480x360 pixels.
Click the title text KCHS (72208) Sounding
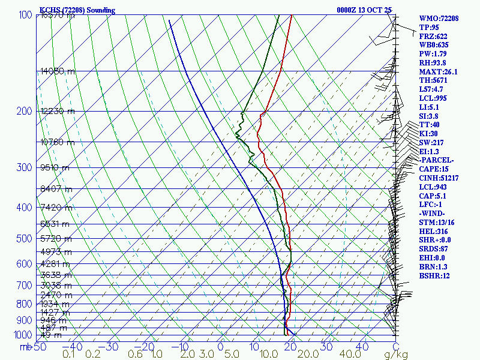tap(77, 10)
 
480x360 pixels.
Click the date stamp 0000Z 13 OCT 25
tap(365, 10)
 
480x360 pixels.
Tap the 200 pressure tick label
tap(25, 112)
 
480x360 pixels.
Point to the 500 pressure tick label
tap(25, 239)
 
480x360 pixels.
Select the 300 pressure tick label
tap(25, 167)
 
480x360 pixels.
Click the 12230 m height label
tap(58, 111)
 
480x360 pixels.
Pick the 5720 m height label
tap(56, 238)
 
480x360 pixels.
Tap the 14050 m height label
tap(58, 71)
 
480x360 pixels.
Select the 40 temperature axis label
tap(362, 347)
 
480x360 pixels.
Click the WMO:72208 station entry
tap(439, 19)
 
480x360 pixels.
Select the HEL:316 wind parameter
tap(434, 231)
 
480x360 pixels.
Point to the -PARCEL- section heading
tap(437, 160)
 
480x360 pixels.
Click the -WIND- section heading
tap(434, 214)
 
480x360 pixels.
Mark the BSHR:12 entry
tap(435, 275)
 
